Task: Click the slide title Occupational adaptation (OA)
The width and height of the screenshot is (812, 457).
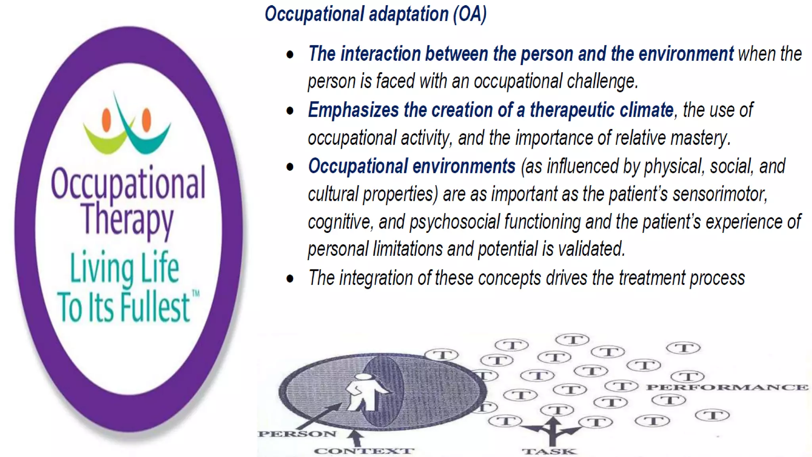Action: [375, 14]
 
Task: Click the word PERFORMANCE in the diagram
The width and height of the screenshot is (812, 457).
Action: [727, 387]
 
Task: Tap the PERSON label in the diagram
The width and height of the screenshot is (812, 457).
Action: [297, 434]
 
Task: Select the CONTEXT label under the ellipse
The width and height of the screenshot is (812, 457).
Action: [364, 451]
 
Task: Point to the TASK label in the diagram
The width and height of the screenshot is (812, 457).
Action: [549, 451]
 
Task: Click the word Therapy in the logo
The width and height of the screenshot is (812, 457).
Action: [128, 218]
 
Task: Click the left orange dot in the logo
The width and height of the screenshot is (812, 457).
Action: [106, 120]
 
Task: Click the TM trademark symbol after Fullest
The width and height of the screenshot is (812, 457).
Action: [196, 294]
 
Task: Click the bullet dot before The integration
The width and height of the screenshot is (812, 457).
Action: [290, 278]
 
